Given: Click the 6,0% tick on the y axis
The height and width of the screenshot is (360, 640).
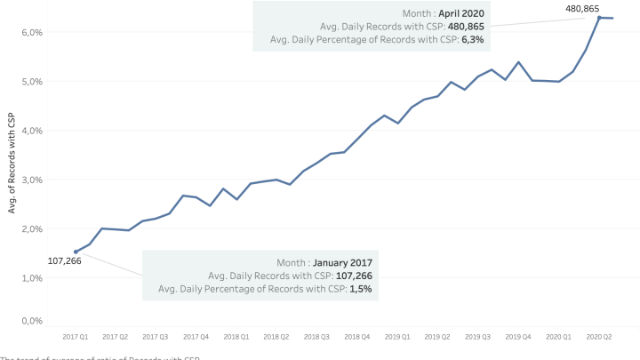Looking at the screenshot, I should (32, 32).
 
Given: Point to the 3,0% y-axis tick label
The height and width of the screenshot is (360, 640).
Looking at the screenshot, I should (32, 180).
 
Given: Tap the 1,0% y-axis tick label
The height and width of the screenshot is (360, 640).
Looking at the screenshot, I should (32, 278).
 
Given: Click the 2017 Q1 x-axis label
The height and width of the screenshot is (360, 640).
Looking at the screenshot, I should (76, 338).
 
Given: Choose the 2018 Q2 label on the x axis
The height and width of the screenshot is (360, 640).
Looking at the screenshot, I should (276, 338).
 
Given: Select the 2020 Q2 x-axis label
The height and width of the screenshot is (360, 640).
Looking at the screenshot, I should (598, 338).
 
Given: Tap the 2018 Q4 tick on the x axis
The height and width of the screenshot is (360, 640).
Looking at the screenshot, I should (356, 338).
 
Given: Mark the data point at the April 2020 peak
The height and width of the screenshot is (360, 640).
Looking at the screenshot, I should (599, 18).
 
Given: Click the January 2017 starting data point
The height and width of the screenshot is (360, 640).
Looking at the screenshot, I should (76, 252).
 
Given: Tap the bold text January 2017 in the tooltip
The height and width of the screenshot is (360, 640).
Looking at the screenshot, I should (342, 263).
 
